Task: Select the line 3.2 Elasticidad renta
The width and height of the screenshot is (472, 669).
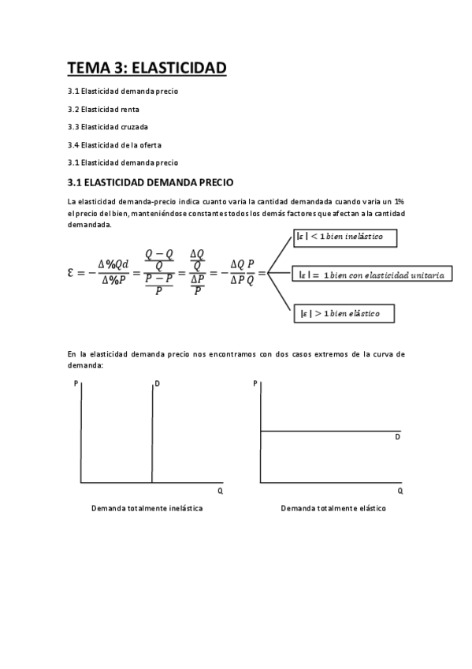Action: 103,109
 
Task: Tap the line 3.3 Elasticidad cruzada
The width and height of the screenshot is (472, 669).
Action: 108,126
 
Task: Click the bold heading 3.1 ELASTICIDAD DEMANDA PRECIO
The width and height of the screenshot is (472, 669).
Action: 150,182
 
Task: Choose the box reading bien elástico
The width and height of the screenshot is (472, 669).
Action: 343,313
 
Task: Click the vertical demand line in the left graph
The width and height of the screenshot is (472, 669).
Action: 151,434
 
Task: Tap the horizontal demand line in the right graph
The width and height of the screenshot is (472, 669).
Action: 331,431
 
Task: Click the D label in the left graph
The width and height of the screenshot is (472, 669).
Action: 158,384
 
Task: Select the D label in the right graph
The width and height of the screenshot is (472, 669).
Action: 398,436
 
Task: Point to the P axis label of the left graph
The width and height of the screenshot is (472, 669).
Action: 75,383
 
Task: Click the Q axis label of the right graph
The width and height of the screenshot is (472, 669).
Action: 400,491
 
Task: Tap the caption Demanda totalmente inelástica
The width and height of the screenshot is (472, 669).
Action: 147,508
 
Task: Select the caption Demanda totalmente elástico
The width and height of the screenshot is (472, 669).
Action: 333,508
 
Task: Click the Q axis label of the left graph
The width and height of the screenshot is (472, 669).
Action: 221,491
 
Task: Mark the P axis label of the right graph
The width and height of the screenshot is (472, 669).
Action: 255,383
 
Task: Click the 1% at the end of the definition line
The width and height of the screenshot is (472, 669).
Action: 399,202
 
